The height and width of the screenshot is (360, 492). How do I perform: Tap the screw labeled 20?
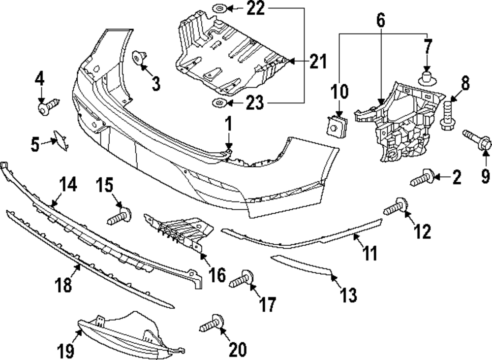pyautogui.click(x=211, y=324)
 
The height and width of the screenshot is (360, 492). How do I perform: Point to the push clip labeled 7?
pyautogui.click(x=427, y=77)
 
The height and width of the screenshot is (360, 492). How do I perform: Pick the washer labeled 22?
pyautogui.click(x=218, y=8)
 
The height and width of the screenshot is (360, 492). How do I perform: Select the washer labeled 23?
pyautogui.click(x=218, y=103)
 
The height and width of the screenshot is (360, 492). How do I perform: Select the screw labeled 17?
pyautogui.click(x=241, y=280)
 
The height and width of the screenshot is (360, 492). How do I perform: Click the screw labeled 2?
pyautogui.click(x=421, y=178)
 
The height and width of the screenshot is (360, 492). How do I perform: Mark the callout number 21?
pyautogui.click(x=318, y=62)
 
